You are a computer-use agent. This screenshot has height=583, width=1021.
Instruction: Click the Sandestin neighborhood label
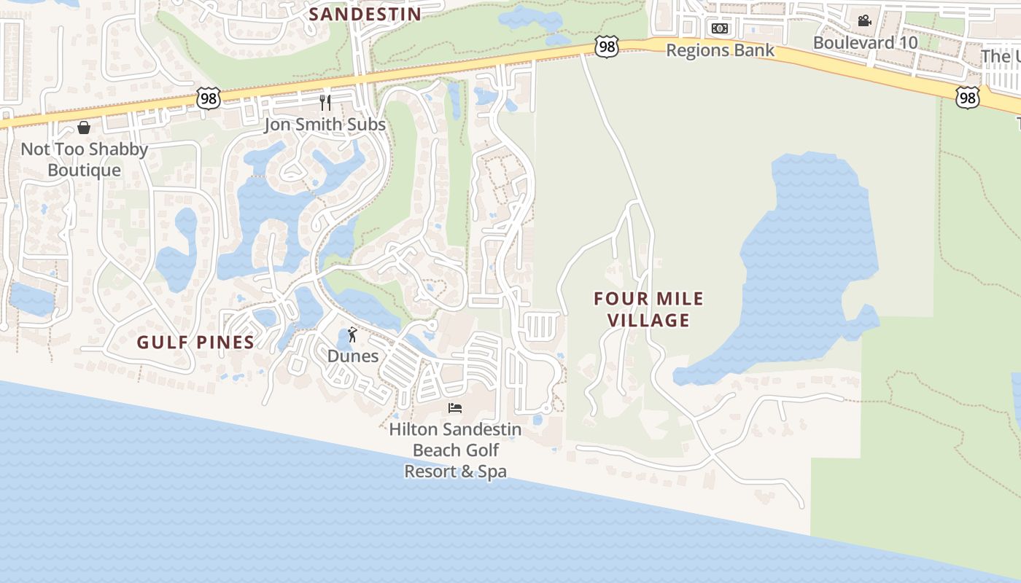click(365, 14)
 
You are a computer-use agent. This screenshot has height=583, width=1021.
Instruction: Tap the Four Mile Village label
click(648, 309)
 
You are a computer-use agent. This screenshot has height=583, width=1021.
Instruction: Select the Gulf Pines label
click(195, 343)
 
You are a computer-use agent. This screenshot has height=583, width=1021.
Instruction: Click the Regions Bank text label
click(720, 50)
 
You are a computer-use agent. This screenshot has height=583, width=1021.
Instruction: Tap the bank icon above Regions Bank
click(720, 28)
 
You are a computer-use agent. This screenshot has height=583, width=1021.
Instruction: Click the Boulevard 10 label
click(865, 42)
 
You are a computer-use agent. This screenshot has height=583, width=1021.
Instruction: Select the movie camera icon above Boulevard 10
click(864, 20)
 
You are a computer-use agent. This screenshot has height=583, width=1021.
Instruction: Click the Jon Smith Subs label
click(325, 125)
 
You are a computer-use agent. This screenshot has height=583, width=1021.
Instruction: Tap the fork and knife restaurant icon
click(325, 103)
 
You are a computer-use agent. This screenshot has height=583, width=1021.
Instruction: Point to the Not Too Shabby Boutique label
click(84, 160)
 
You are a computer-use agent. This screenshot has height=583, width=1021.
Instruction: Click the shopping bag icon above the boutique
click(84, 128)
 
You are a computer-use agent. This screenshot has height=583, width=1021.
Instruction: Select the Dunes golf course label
click(353, 356)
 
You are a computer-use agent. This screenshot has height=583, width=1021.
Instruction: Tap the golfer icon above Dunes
click(353, 334)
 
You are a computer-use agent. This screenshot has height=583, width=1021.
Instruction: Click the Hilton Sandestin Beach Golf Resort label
click(455, 450)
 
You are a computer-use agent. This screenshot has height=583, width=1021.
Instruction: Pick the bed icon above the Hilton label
click(455, 407)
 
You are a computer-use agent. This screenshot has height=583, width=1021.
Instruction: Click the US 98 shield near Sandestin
click(208, 98)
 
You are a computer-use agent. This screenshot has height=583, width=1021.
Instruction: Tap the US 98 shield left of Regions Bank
click(606, 47)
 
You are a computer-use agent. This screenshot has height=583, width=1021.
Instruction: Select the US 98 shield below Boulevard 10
click(968, 97)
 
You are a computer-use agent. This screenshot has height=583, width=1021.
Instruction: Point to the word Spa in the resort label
click(492, 472)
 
